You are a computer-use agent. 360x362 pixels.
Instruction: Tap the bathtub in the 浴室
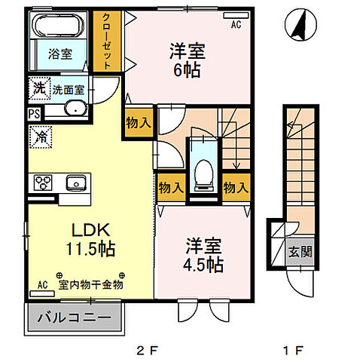coord(61,28)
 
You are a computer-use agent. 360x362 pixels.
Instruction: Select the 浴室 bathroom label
coord(59,54)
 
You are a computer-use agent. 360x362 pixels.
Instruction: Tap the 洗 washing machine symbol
coord(38,87)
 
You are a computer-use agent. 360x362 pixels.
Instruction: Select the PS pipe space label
coord(35,114)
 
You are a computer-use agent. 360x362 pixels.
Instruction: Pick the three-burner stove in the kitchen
coord(41,183)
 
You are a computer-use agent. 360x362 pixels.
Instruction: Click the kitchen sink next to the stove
coord(75,183)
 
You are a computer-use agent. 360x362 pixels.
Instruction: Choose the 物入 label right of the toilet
coord(236,187)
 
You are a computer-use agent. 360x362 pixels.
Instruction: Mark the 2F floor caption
coord(146,351)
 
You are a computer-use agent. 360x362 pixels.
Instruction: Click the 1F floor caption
coord(298,351)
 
